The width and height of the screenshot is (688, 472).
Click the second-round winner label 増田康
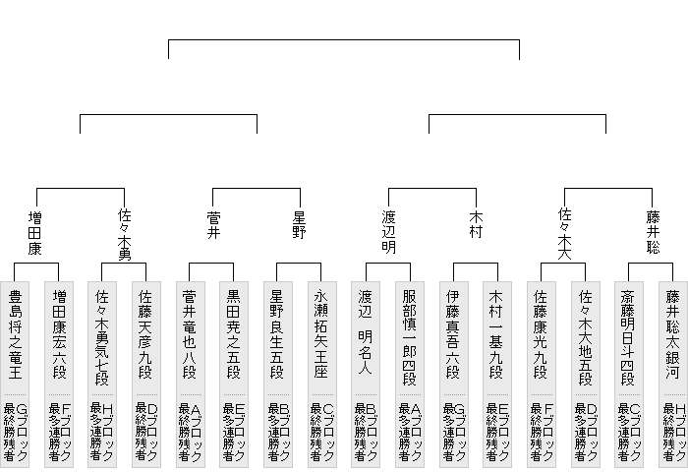pos(36,232)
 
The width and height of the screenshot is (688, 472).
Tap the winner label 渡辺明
pos(387,232)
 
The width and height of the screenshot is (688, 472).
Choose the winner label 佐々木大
pos(564,232)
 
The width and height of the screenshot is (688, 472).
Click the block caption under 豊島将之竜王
pos(15,432)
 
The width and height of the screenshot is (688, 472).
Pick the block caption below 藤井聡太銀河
pos(673,432)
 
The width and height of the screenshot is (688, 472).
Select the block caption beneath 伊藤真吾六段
pos(453,432)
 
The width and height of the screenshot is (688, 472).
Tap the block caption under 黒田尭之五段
pos(234,432)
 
